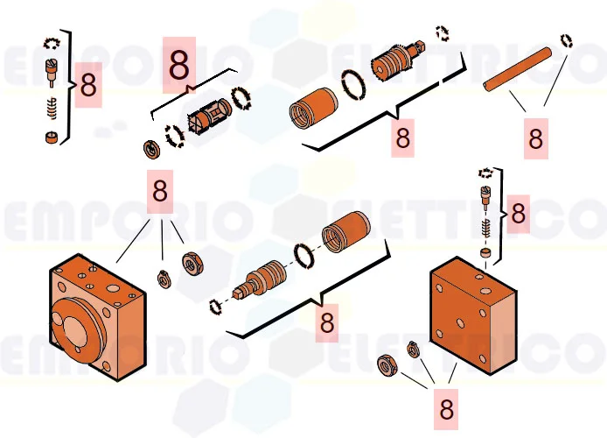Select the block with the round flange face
point(97,317)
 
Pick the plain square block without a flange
point(473,315)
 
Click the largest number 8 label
point(178,66)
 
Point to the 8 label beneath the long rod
point(536,138)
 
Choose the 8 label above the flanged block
point(160,191)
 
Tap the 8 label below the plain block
point(446,409)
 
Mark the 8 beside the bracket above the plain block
point(519,214)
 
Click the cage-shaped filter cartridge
point(210,115)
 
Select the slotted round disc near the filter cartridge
point(151,149)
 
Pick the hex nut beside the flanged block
point(192,264)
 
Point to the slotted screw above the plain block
point(485,196)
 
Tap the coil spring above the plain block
point(485,228)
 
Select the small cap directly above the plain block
point(485,252)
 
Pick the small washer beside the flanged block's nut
point(164,279)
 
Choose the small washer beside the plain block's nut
point(413,350)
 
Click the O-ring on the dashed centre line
point(303,256)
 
